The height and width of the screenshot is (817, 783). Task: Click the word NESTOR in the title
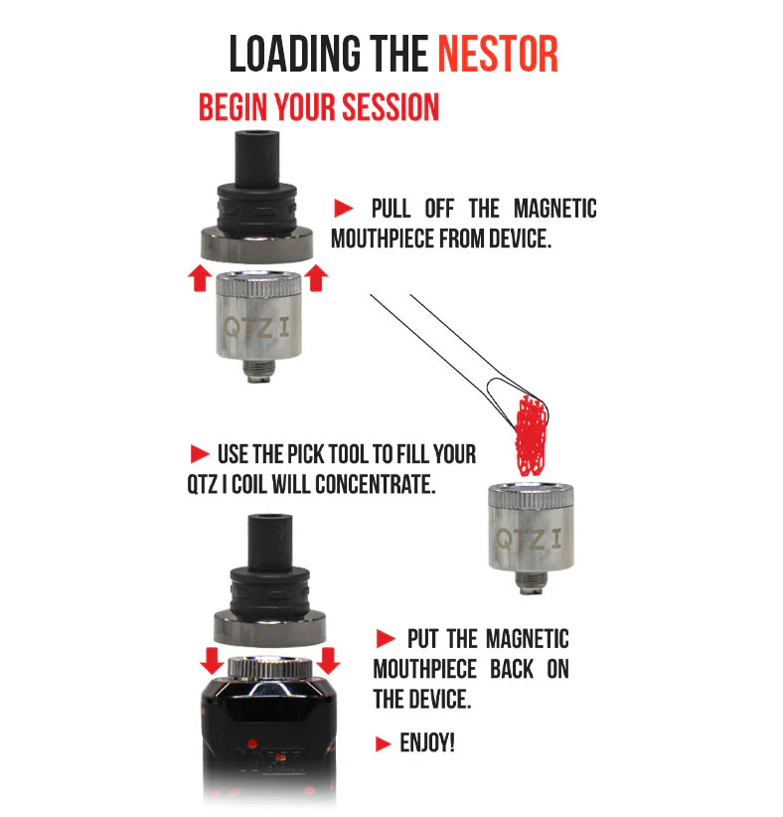[x=498, y=54]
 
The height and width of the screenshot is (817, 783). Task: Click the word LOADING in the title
[x=294, y=54]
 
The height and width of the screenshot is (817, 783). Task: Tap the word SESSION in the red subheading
[x=391, y=107]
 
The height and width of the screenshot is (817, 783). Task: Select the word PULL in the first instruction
[x=391, y=209]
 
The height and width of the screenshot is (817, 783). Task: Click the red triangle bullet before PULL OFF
[x=344, y=209]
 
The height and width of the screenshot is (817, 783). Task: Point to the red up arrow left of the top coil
[x=200, y=277]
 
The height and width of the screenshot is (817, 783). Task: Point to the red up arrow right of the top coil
[x=316, y=277]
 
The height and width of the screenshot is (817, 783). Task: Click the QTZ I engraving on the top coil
[x=256, y=328]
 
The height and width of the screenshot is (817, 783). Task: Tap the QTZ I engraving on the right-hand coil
[x=530, y=540]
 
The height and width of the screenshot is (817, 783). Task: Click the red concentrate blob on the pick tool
[x=531, y=435]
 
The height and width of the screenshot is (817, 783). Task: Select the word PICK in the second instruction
[x=306, y=454]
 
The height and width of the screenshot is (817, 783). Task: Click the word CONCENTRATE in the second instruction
[x=375, y=485]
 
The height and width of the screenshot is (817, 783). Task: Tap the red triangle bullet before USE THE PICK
[x=200, y=454]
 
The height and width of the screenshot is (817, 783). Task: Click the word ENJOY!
[x=427, y=743]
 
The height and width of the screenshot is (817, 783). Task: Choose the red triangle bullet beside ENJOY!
[x=383, y=743]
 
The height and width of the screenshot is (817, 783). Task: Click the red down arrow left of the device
[x=212, y=661]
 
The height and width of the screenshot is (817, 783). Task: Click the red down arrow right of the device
[x=328, y=661]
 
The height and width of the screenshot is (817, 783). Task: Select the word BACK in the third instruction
[x=512, y=670]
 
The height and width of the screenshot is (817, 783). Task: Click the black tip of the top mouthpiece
[x=256, y=156]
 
